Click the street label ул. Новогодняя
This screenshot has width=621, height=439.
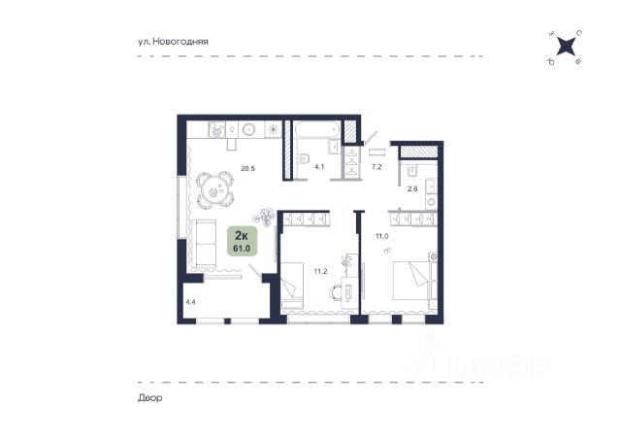173,41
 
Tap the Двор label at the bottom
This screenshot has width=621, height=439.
150,398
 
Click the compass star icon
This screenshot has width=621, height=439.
565,47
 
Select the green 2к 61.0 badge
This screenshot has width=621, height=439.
242,241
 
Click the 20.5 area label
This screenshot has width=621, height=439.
248,169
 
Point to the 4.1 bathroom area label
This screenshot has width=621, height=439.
319,167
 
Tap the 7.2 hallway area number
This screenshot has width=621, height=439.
376,167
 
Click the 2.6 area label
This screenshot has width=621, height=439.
412,189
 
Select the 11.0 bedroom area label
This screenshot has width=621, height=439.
382,236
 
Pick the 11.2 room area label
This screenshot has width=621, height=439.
320,272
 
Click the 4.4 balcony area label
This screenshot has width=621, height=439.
190,302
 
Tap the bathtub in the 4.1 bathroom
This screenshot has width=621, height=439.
316,130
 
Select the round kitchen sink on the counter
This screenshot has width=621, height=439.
249,129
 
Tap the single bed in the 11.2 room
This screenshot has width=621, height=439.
292,286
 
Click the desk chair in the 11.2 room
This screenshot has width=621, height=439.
335,292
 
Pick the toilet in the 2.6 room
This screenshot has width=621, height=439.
411,171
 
